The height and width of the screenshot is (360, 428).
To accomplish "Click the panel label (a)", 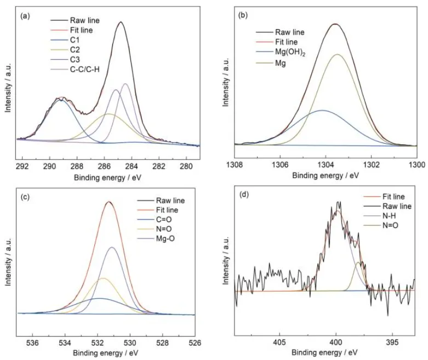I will pos(24,16).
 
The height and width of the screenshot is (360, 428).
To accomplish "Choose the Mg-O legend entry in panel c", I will pos(166,239).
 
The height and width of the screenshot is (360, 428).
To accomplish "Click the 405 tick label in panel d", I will pos(279,341).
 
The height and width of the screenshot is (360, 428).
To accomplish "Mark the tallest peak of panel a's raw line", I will pos(121,22).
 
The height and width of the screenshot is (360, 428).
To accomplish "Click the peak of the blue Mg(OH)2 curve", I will pos(323,110).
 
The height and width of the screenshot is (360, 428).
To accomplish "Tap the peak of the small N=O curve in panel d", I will pos(358,262).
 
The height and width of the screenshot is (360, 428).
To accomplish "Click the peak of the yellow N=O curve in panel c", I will pos(103,278).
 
